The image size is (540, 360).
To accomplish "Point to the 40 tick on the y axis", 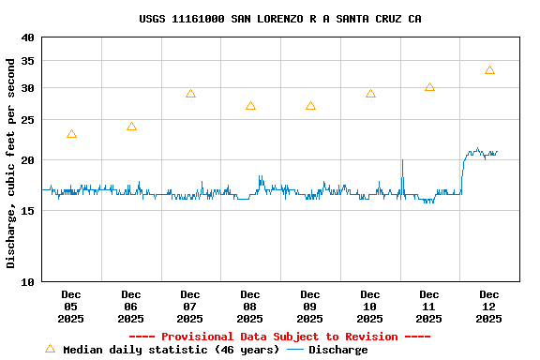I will [x=26, y=37].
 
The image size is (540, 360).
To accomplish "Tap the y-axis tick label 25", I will [x=26, y=120].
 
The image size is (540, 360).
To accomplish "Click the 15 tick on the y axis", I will [x=26, y=211].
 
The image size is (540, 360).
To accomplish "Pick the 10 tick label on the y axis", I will [x=26, y=281].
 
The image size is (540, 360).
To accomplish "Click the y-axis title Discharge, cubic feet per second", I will [x=11, y=163].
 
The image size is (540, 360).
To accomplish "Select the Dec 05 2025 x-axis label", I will [x=71, y=307].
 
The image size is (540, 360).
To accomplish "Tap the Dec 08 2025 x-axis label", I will [x=250, y=307].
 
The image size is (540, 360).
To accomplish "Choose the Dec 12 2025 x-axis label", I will [x=489, y=307].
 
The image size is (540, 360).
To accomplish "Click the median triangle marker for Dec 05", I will [x=71, y=134].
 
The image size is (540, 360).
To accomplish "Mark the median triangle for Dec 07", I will [x=190, y=94].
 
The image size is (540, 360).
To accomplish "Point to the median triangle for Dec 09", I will [x=310, y=106].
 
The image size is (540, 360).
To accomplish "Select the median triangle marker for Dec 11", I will [x=429, y=87].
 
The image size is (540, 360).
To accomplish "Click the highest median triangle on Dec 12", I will [x=489, y=70].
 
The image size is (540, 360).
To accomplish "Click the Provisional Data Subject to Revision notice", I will [x=279, y=337].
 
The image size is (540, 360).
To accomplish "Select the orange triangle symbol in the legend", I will [x=51, y=349].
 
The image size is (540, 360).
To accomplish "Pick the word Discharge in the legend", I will [x=337, y=350].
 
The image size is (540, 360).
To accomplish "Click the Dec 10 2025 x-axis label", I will [x=370, y=307].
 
